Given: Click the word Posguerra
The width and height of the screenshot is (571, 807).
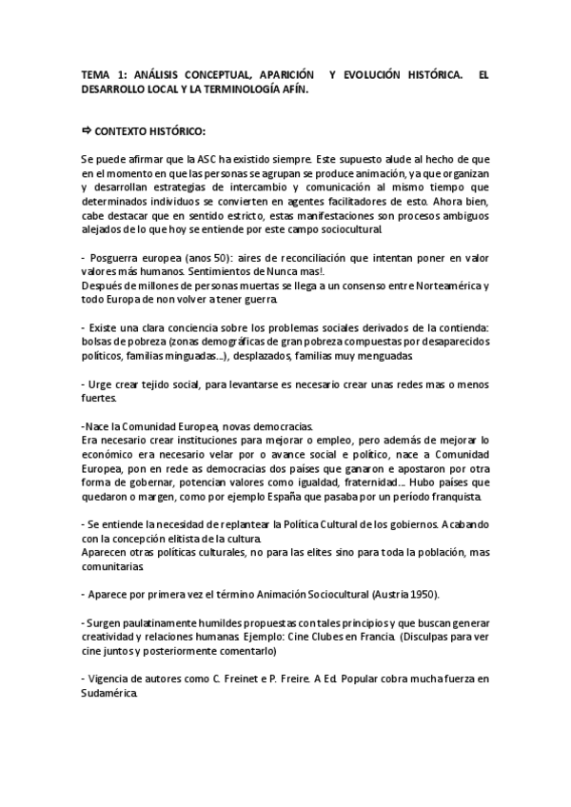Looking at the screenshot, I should coord(116,259).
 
